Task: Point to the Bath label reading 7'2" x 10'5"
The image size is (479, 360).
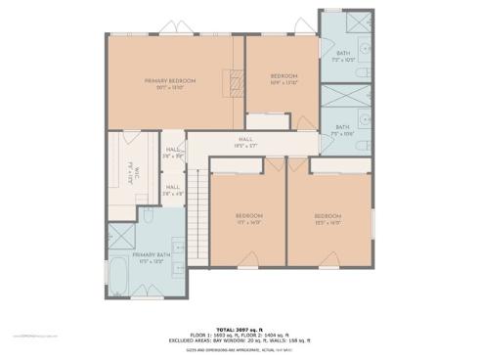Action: click(x=343, y=56)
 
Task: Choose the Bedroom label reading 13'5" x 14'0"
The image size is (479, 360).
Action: click(x=327, y=218)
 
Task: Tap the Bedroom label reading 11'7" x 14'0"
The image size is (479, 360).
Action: click(x=248, y=218)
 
